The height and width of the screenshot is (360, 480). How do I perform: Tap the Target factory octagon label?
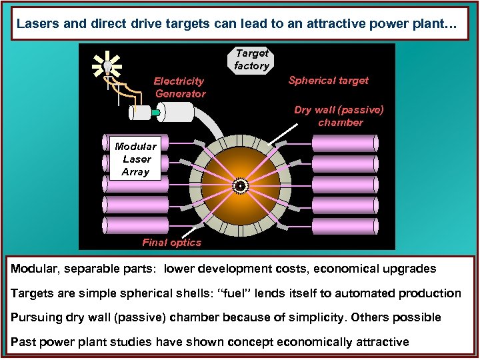point(251,59)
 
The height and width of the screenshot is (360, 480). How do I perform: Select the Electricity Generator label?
point(179,87)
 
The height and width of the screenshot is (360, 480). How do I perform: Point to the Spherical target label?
point(328,80)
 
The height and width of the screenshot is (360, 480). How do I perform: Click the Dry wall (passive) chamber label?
point(339,116)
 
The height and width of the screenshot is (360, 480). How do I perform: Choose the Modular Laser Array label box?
point(135,159)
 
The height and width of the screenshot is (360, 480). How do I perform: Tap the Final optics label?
point(171,243)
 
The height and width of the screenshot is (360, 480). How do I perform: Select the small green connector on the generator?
point(156,113)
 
